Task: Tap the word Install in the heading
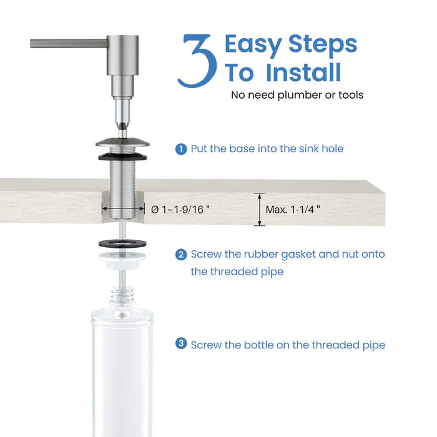[303, 72]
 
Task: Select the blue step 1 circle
[181, 149]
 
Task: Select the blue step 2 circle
[181, 255]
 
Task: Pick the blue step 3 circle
[181, 344]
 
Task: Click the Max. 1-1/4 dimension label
[293, 210]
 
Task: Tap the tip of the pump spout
[32, 43]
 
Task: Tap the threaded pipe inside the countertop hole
[122, 194]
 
